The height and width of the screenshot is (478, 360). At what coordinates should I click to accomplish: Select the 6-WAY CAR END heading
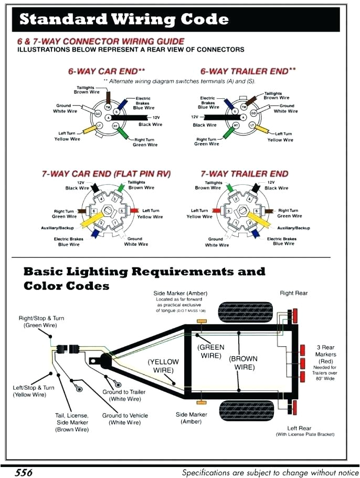point(107,71)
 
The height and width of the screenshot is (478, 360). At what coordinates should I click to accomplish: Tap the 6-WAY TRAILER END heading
point(248,71)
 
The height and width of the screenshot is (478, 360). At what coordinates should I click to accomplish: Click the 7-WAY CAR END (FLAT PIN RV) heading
point(106,173)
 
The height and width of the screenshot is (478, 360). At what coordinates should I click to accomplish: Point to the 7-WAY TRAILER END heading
point(244,173)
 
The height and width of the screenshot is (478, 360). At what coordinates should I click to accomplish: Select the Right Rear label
point(294,293)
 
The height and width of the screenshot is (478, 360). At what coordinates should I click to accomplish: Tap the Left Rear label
point(299,428)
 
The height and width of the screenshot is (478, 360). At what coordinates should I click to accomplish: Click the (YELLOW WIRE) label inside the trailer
point(163,366)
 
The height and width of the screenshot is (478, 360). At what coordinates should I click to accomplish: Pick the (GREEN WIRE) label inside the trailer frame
point(211,351)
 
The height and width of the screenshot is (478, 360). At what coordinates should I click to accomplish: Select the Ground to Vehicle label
point(125,419)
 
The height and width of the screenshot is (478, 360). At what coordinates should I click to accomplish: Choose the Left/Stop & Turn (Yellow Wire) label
point(34,391)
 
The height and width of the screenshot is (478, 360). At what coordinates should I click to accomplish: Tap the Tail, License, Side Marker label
point(72,422)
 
